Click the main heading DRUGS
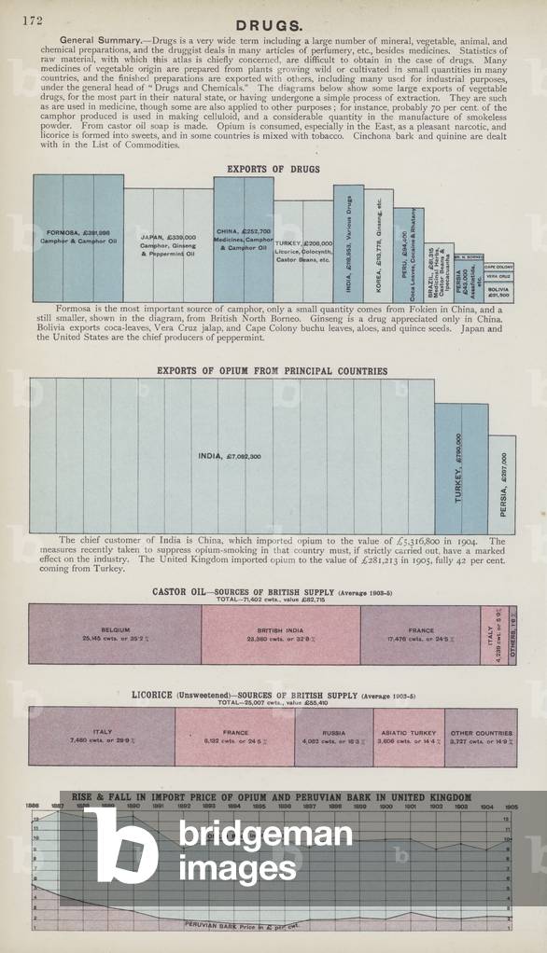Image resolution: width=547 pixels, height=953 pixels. pyautogui.click(x=268, y=25)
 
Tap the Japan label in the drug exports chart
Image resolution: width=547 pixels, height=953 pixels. pyautogui.click(x=167, y=244)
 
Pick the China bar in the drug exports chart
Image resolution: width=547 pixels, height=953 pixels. pyautogui.click(x=244, y=239)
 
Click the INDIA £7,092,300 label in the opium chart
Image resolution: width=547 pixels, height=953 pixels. pyautogui.click(x=230, y=456)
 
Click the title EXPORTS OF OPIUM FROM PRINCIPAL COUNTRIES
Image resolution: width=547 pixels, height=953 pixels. pyautogui.click(x=272, y=371)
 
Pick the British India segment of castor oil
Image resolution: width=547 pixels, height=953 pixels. pyautogui.click(x=281, y=633)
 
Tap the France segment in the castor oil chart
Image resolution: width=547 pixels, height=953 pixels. pyautogui.click(x=420, y=633)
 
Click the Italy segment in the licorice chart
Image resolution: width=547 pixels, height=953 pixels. pyautogui.click(x=102, y=736)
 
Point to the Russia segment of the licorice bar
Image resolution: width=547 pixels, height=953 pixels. pyautogui.click(x=333, y=736)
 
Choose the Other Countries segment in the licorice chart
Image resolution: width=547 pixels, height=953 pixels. pyautogui.click(x=481, y=736)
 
